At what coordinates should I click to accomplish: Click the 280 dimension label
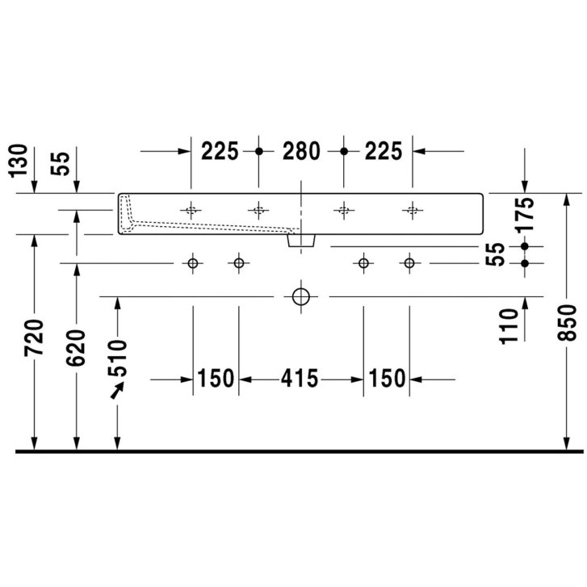tap(301, 151)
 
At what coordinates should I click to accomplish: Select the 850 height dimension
tap(566, 322)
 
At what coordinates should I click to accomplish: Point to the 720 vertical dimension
tap(34, 338)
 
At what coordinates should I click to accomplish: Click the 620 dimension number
tap(76, 348)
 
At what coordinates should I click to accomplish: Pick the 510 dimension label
tap(118, 358)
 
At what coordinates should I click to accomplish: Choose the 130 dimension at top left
tap(19, 161)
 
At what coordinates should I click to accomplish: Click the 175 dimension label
tap(525, 215)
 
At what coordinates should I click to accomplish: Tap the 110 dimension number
tap(509, 325)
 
